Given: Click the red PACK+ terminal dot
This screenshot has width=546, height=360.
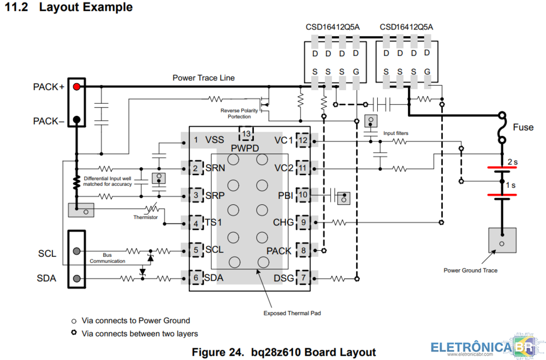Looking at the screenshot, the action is (x=76, y=86).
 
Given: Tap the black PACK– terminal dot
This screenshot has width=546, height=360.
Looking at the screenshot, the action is (x=76, y=120).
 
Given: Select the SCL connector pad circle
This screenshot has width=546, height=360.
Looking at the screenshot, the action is (x=76, y=251).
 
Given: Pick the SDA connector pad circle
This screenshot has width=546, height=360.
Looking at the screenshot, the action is (x=76, y=279).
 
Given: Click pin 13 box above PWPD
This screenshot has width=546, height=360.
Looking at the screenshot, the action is (x=246, y=134).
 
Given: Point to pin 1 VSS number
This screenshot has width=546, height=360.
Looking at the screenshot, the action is (x=196, y=140).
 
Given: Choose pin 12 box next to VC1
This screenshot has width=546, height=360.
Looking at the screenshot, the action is (x=303, y=140).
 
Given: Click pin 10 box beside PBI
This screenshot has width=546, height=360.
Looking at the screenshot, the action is (x=303, y=195).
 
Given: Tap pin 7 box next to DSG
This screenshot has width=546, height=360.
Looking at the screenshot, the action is (x=303, y=278).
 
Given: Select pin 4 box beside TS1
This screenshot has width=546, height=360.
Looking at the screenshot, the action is (x=196, y=223).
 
